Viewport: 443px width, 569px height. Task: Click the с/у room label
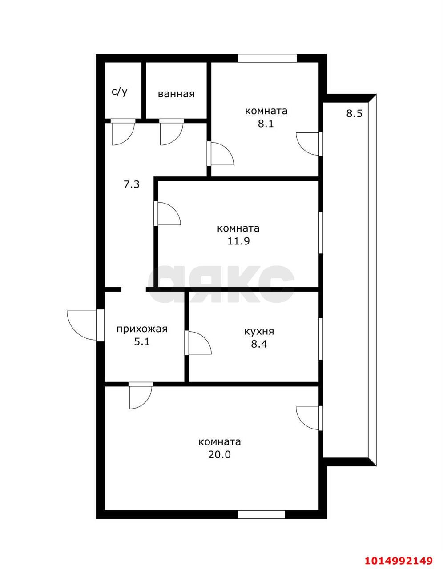(x=119, y=92)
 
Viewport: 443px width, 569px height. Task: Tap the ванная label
(x=176, y=94)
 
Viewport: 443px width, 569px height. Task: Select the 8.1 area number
(x=266, y=124)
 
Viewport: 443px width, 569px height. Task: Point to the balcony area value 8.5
(x=354, y=113)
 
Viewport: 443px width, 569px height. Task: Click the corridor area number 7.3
(x=131, y=184)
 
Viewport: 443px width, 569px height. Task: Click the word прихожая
(x=141, y=329)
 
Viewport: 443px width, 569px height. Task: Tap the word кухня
(x=259, y=331)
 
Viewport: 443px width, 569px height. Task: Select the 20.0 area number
(x=220, y=455)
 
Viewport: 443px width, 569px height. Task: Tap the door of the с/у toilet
(x=122, y=132)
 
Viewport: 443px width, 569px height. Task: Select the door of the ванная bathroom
(x=171, y=132)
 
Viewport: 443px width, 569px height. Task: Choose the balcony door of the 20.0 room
(x=309, y=418)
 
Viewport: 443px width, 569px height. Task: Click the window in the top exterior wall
(x=267, y=58)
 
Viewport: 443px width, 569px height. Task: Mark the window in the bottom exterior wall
(x=261, y=514)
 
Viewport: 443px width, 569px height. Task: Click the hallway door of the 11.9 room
(x=167, y=213)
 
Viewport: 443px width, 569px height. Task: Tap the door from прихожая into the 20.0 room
(x=140, y=396)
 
